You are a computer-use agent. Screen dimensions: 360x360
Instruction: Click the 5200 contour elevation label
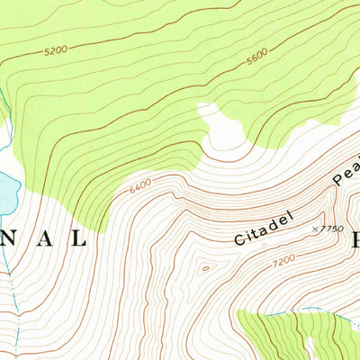(x=55, y=51)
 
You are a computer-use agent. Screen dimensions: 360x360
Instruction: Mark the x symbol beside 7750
(x=314, y=229)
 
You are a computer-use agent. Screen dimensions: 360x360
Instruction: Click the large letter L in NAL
(x=78, y=238)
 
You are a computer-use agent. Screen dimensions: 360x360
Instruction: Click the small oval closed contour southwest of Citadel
(x=205, y=267)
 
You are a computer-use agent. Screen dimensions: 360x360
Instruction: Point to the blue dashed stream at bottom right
(x=306, y=311)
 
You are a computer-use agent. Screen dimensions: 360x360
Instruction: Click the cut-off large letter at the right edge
(x=355, y=239)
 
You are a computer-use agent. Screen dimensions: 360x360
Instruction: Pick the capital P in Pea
(x=337, y=184)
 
